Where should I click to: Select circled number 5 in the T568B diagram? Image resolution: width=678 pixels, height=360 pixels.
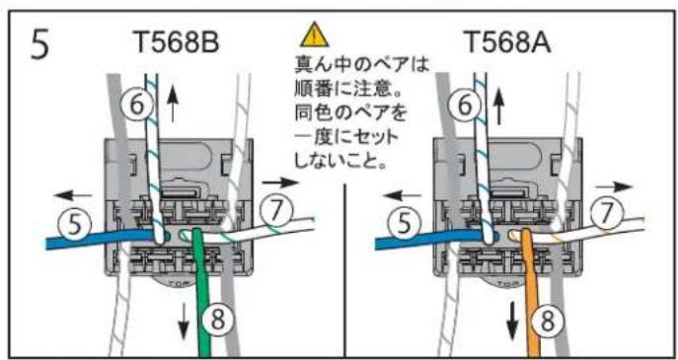[x=69, y=224]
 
